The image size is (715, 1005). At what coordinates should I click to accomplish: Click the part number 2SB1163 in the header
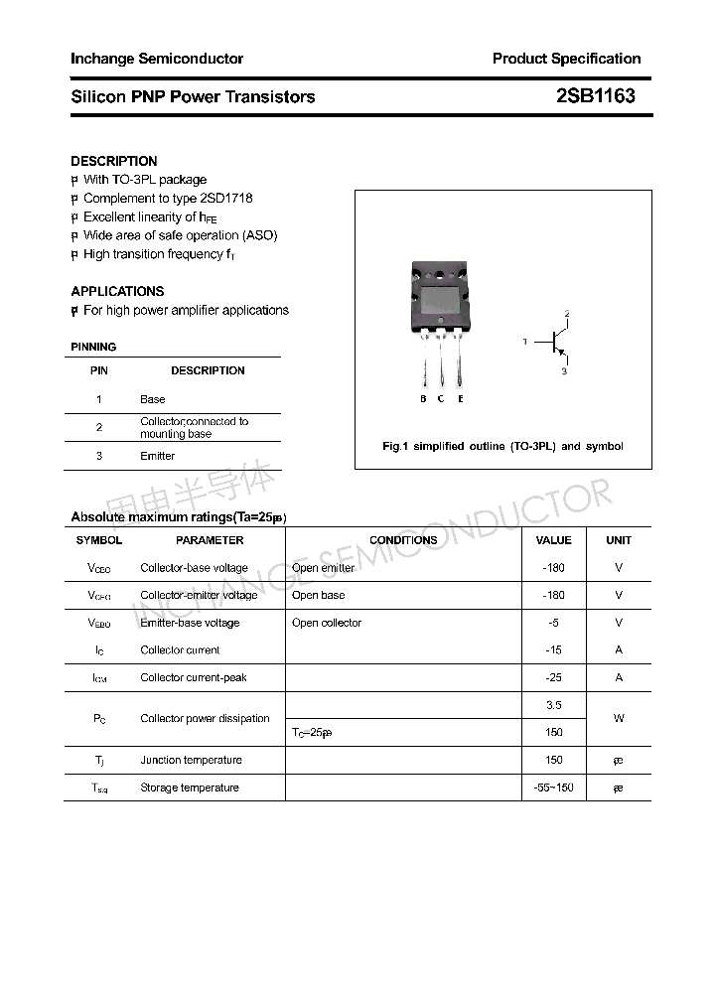[595, 96]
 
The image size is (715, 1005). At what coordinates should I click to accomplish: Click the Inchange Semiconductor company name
[157, 59]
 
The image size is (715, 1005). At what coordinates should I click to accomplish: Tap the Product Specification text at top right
[566, 59]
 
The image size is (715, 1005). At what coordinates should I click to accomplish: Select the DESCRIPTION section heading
[114, 161]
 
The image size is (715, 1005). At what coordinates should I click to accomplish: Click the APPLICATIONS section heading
[117, 291]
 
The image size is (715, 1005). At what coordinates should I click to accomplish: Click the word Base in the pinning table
[153, 399]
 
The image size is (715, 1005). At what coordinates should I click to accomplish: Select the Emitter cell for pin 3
[157, 456]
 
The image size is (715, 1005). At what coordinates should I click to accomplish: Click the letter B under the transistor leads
[423, 399]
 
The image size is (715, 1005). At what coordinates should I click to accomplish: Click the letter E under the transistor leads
[461, 399]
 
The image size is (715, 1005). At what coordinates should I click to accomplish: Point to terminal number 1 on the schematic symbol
[524, 342]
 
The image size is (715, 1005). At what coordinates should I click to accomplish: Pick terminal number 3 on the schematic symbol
[564, 371]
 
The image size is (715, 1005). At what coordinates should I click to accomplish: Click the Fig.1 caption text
[502, 446]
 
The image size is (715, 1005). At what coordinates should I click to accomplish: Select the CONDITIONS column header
[403, 540]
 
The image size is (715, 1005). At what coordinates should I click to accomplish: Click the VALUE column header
[553, 540]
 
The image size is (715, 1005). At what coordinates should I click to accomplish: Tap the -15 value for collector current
[553, 650]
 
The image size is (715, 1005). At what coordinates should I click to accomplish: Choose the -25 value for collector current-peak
[553, 677]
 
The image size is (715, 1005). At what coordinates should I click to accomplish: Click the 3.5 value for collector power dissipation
[553, 705]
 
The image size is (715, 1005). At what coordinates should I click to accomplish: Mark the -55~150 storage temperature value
[553, 788]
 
